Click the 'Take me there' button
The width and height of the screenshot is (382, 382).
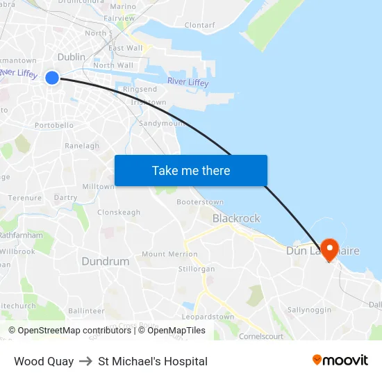tap(191, 170)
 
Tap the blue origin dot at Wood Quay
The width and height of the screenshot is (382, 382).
tap(52, 78)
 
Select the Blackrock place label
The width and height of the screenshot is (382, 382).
tap(236, 218)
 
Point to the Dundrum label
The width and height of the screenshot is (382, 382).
tap(106, 262)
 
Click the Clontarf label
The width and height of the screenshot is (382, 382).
tap(200, 25)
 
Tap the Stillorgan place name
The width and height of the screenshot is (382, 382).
tap(197, 269)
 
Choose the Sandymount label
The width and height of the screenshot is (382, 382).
tap(161, 123)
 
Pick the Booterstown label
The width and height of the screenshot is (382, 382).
tap(200, 202)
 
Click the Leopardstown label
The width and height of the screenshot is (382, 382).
tap(208, 317)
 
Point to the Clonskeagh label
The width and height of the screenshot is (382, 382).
tap(119, 213)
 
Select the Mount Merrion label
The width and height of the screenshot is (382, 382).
tap(169, 255)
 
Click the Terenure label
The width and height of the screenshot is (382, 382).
tap(25, 198)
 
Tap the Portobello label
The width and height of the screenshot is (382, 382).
tap(54, 126)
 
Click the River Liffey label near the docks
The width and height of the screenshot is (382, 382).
tap(188, 83)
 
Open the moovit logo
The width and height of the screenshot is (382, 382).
tap(340, 360)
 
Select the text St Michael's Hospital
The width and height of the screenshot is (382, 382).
tap(153, 361)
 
